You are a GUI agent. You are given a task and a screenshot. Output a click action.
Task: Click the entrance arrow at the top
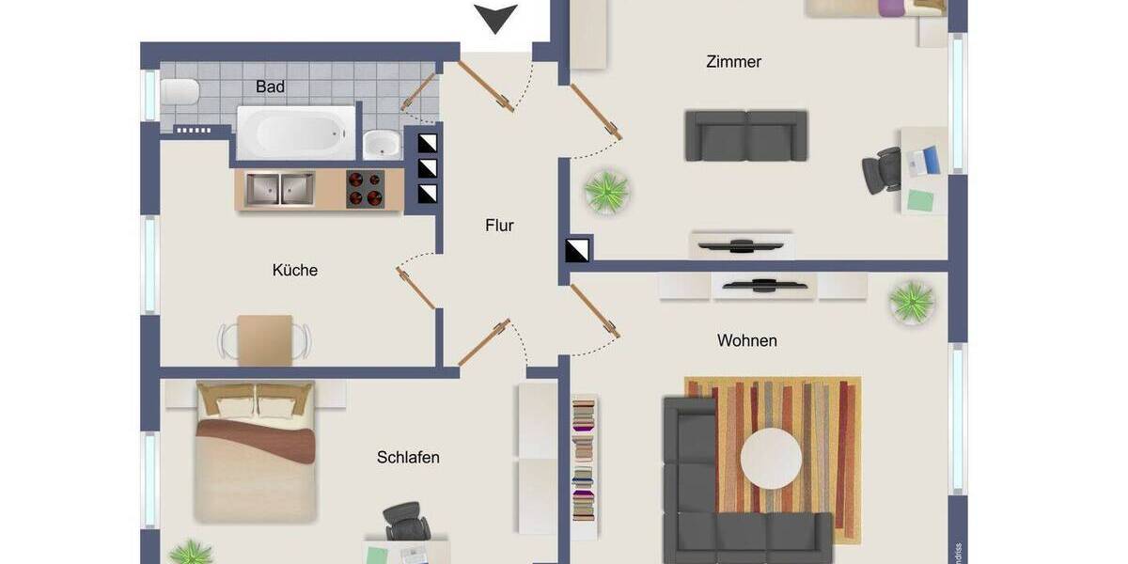coord(495,18)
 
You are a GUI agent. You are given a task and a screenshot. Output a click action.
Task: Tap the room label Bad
coord(270,86)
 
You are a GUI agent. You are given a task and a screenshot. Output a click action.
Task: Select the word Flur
coord(499,226)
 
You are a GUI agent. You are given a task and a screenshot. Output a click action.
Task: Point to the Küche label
coord(295,271)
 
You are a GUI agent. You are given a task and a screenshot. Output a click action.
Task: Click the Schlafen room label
coord(408,458)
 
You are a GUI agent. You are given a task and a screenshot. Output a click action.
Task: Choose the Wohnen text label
coord(746,340)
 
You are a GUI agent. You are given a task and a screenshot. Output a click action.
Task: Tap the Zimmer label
coord(733,62)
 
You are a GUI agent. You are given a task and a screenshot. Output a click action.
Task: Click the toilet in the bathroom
coord(180,92)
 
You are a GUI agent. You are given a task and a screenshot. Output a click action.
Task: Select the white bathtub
coord(296,133)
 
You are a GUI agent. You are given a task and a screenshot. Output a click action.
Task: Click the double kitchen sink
coord(281,189)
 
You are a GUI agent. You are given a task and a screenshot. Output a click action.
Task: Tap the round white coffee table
coord(771,458)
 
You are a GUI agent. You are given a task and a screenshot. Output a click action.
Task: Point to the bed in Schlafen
coord(255,451)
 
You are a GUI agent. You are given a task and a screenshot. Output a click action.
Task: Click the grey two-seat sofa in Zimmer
coord(746,135)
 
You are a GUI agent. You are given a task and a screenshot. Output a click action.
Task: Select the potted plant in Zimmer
coord(606,192)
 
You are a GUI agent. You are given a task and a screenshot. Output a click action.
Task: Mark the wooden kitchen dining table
coord(264,338)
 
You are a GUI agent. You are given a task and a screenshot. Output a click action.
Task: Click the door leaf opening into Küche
coord(416,288)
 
